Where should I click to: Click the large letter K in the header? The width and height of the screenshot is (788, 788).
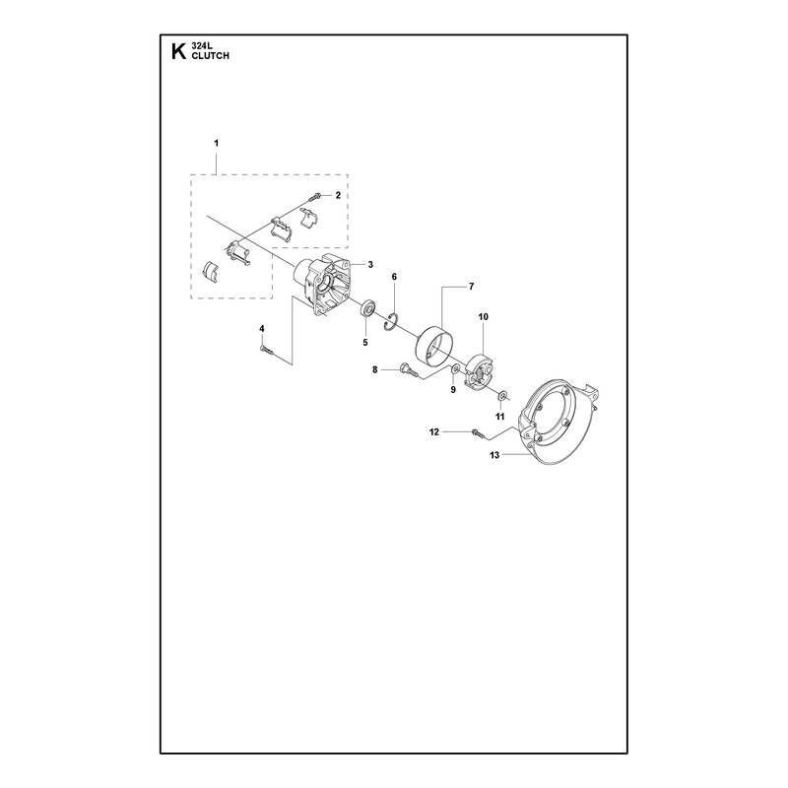coord(178,52)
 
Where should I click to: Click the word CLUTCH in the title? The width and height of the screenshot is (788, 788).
coord(210,56)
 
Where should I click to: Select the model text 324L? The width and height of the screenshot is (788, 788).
coord(202,46)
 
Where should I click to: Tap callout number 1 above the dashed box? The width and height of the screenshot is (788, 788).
coord(217,143)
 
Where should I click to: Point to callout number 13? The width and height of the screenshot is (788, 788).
coord(494,455)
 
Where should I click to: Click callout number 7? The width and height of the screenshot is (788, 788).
coord(471,287)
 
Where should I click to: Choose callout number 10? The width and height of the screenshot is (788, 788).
coord(483,316)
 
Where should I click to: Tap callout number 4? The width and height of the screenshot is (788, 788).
coord(262,328)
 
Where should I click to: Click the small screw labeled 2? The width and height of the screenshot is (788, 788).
coord(316,195)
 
